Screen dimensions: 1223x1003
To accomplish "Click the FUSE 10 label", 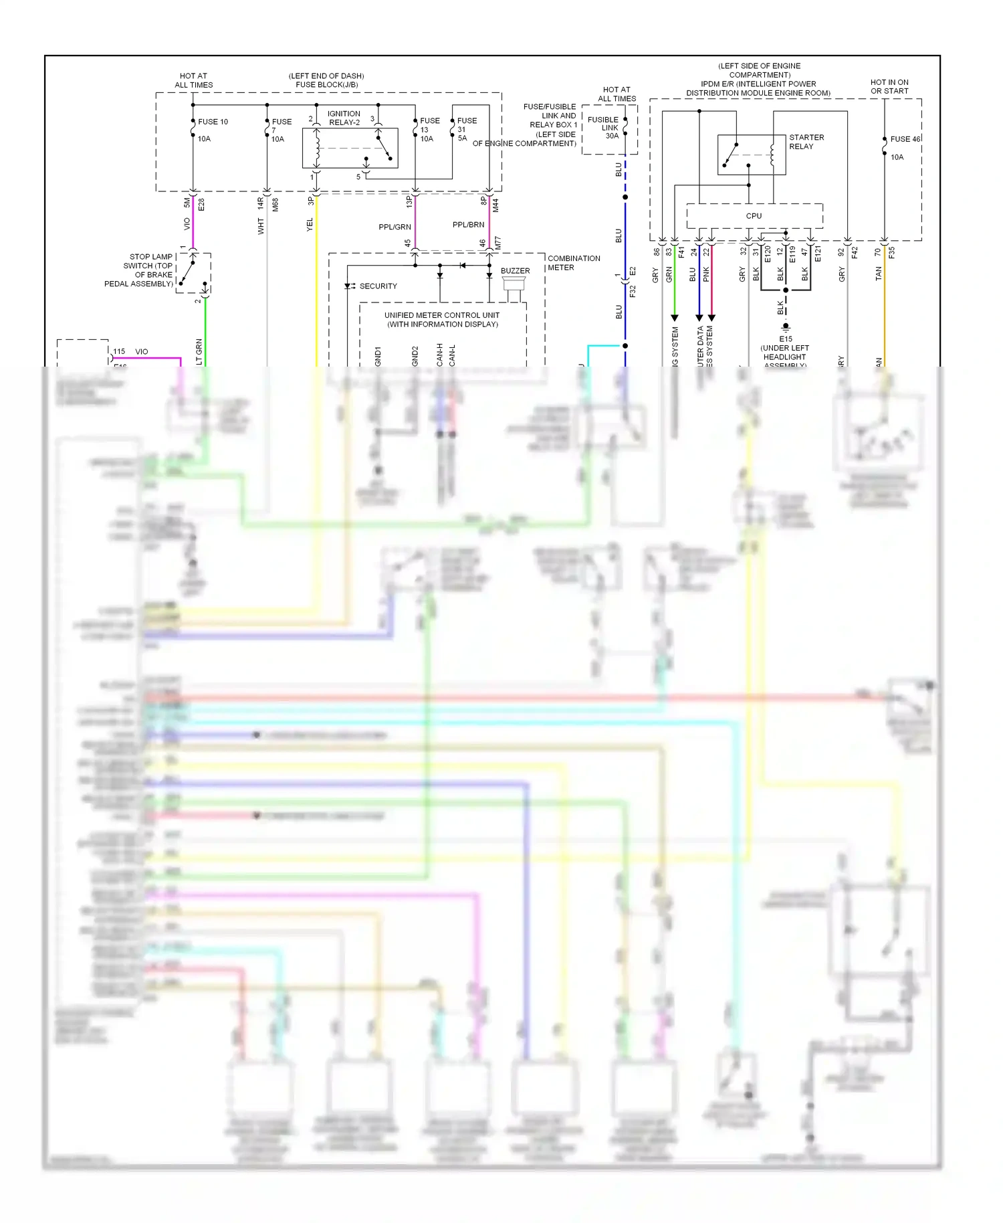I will [213, 122].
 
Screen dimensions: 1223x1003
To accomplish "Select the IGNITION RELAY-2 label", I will [344, 118].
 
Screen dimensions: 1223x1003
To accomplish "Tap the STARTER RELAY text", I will [806, 142].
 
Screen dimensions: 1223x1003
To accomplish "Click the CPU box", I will [754, 216].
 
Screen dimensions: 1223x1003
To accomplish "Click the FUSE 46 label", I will [905, 139].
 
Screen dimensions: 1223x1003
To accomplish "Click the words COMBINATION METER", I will [573, 263].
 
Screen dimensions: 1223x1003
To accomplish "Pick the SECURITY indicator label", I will [378, 286].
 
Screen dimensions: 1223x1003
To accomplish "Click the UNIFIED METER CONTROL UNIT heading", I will [441, 319].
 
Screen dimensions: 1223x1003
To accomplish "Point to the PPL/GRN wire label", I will [395, 227].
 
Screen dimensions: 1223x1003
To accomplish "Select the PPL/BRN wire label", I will [468, 225].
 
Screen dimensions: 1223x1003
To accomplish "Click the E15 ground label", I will [785, 339].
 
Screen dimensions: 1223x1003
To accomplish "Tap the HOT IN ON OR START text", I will [889, 86].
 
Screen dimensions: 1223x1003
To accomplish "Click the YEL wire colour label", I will [310, 225].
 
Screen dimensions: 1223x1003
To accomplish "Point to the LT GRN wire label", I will [199, 352].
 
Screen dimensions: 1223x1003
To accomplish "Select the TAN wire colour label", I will [879, 273].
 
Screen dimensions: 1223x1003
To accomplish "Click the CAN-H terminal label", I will [439, 355].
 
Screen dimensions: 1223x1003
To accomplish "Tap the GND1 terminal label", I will [378, 356].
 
